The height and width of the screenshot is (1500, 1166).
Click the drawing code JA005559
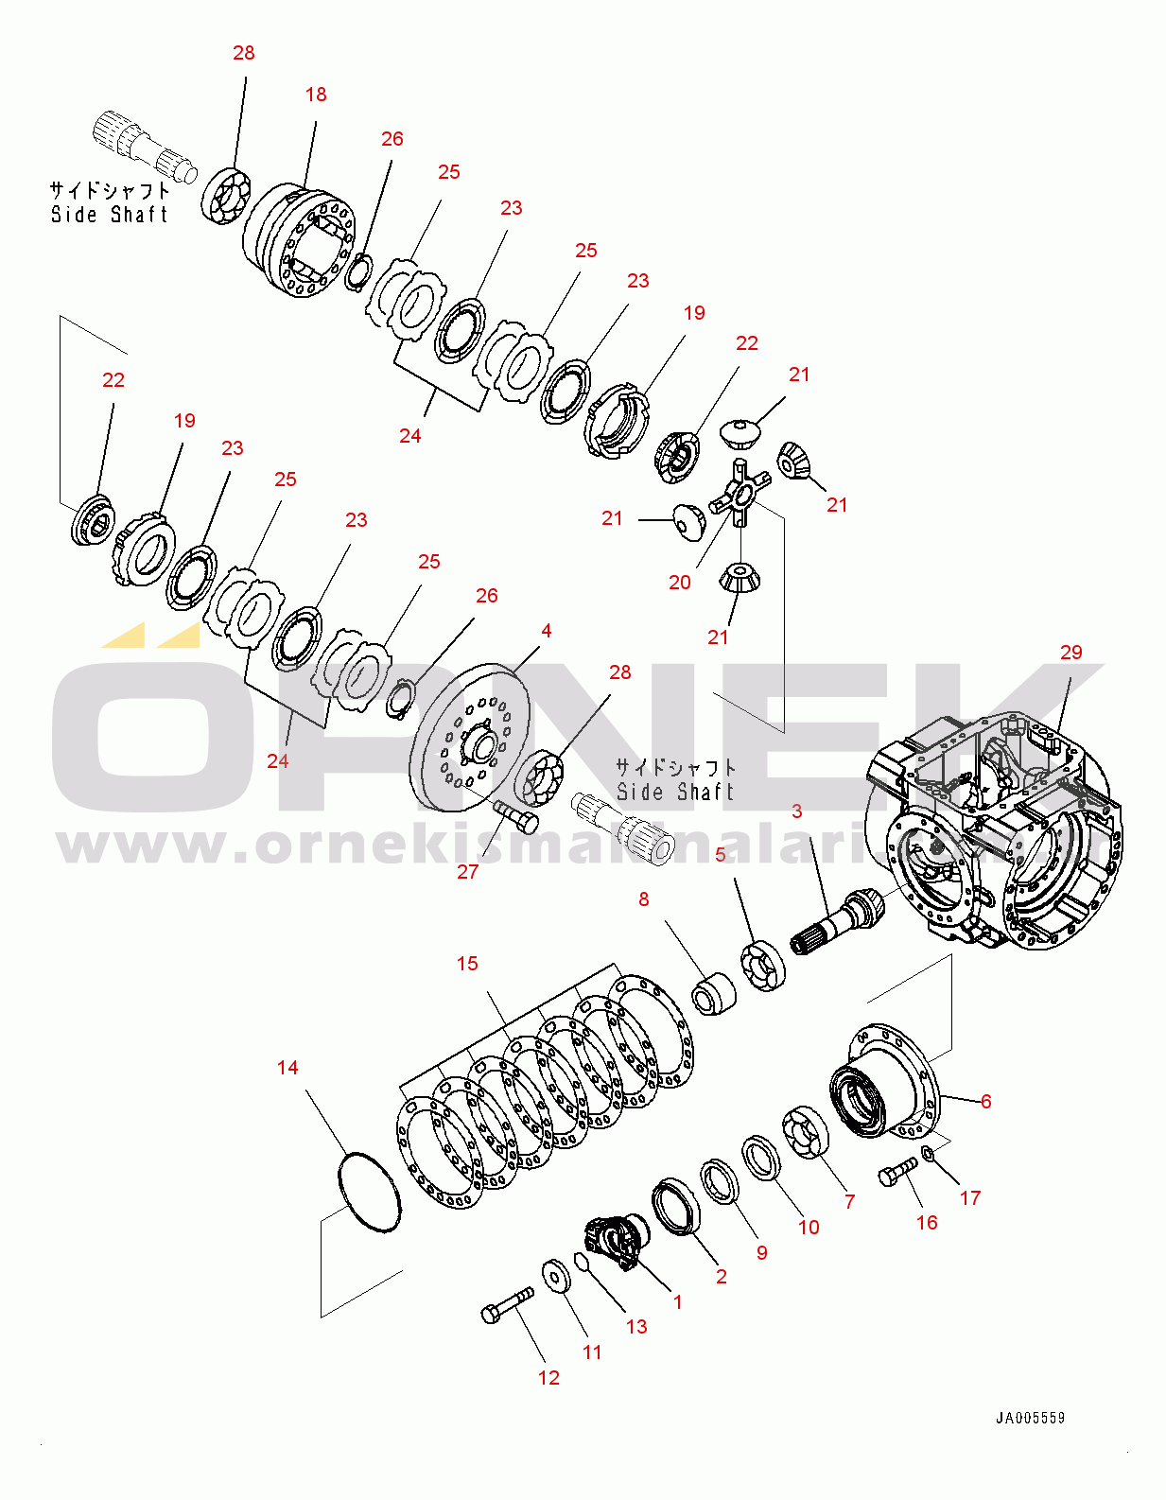pyautogui.click(x=1030, y=1418)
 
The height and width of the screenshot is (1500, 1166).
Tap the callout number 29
pyautogui.click(x=1070, y=653)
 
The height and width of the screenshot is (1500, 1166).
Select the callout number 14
pyautogui.click(x=287, y=1068)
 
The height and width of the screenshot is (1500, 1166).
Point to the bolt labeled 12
pyautogui.click(x=507, y=1306)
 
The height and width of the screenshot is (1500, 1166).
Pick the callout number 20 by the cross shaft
pyautogui.click(x=680, y=583)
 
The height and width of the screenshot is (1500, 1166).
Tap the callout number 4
pyautogui.click(x=546, y=631)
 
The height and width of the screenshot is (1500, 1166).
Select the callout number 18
pyautogui.click(x=316, y=95)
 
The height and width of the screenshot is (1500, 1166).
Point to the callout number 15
pyautogui.click(x=467, y=964)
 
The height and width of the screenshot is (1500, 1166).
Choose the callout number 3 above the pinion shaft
pyautogui.click(x=796, y=811)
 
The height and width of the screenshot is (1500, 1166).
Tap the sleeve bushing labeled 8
pyautogui.click(x=714, y=993)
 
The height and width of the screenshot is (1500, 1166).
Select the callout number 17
pyautogui.click(x=970, y=1198)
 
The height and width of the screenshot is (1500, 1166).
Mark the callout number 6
pyautogui.click(x=985, y=1102)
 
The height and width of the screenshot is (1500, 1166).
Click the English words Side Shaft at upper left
pyautogui.click(x=110, y=215)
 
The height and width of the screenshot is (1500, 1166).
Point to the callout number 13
pyautogui.click(x=636, y=1327)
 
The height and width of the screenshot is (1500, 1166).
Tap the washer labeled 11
pyautogui.click(x=556, y=1275)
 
